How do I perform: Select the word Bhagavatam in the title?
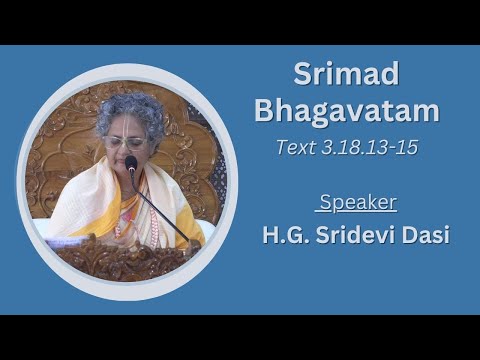coord(346,110)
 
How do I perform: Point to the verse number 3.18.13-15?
coord(365,146)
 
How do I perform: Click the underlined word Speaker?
coord(358,203)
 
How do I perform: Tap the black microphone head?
coord(131,163)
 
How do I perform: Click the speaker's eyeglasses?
coord(127,143)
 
